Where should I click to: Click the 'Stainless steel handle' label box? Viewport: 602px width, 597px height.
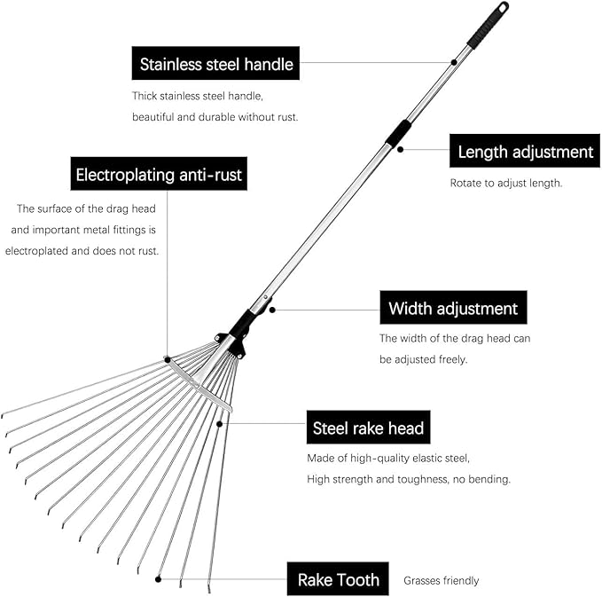(x=216, y=64)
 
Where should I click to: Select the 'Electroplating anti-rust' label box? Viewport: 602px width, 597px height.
(x=159, y=175)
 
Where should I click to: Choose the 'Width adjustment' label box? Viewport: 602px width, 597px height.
(x=453, y=309)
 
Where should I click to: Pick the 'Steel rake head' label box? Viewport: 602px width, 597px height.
(x=368, y=428)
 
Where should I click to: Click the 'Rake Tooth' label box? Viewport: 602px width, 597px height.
(x=338, y=580)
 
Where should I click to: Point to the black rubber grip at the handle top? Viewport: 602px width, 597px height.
(x=488, y=24)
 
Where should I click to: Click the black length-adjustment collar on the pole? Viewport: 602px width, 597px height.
(x=398, y=132)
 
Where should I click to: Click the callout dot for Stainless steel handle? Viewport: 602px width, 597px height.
(x=453, y=62)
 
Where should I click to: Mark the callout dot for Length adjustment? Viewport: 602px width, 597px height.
(x=401, y=149)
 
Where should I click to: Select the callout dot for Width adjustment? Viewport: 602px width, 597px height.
(x=273, y=310)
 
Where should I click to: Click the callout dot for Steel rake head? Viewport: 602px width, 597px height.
(x=219, y=424)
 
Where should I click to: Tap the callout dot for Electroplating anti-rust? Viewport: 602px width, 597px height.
(x=166, y=359)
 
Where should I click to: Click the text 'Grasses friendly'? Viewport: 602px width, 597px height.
(x=441, y=581)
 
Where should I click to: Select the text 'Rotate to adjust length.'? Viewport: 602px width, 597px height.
(x=506, y=184)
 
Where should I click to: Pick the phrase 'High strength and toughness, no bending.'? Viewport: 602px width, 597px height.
(x=409, y=479)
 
